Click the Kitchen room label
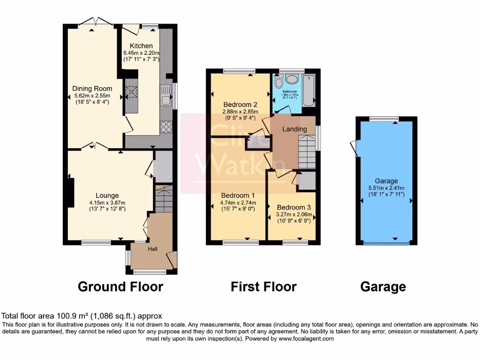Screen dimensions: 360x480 (141, 45)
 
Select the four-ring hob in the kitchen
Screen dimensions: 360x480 (166, 126)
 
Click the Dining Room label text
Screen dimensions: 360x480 (92, 89)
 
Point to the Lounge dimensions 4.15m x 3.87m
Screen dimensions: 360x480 (107, 202)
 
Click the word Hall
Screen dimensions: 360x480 (153, 249)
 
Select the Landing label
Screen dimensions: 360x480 (295, 129)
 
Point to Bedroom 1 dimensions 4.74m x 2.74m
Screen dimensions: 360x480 (238, 202)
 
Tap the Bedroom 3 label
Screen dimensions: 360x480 (293, 207)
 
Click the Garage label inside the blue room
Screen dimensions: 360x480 (386, 181)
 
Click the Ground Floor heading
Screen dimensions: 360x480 (120, 286)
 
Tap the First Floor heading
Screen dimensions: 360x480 (263, 286)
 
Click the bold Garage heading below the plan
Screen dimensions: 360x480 (383, 286)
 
